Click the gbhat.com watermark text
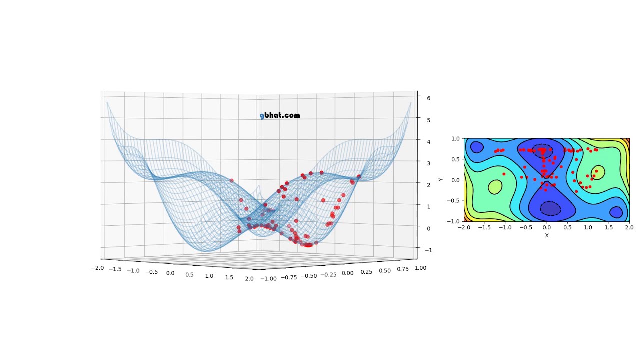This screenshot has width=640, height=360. tap(280, 116)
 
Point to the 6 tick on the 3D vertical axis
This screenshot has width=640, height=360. tap(428, 98)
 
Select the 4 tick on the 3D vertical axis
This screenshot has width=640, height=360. tap(428, 142)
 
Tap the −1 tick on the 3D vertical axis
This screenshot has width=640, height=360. tap(427, 250)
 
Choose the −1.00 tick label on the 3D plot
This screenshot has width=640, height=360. tap(268, 279)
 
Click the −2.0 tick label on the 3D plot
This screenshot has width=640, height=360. tap(97, 268)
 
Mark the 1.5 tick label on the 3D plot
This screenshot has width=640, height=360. tap(229, 277)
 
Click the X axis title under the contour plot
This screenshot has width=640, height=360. tap(546, 235)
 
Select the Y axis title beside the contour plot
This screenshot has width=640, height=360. tap(441, 180)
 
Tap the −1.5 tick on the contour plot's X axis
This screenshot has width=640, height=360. tap(484, 227)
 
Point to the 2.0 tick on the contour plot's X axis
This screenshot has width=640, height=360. tap(629, 227)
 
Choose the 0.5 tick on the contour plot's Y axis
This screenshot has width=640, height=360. tap(456, 159)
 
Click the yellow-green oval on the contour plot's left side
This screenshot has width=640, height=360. tap(495, 187)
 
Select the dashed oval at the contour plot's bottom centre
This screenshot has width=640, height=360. tap(550, 208)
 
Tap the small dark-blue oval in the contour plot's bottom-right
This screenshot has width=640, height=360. tap(616, 212)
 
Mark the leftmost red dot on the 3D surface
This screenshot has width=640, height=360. tap(231, 180)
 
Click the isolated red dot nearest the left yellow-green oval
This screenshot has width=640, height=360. tap(504, 174)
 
